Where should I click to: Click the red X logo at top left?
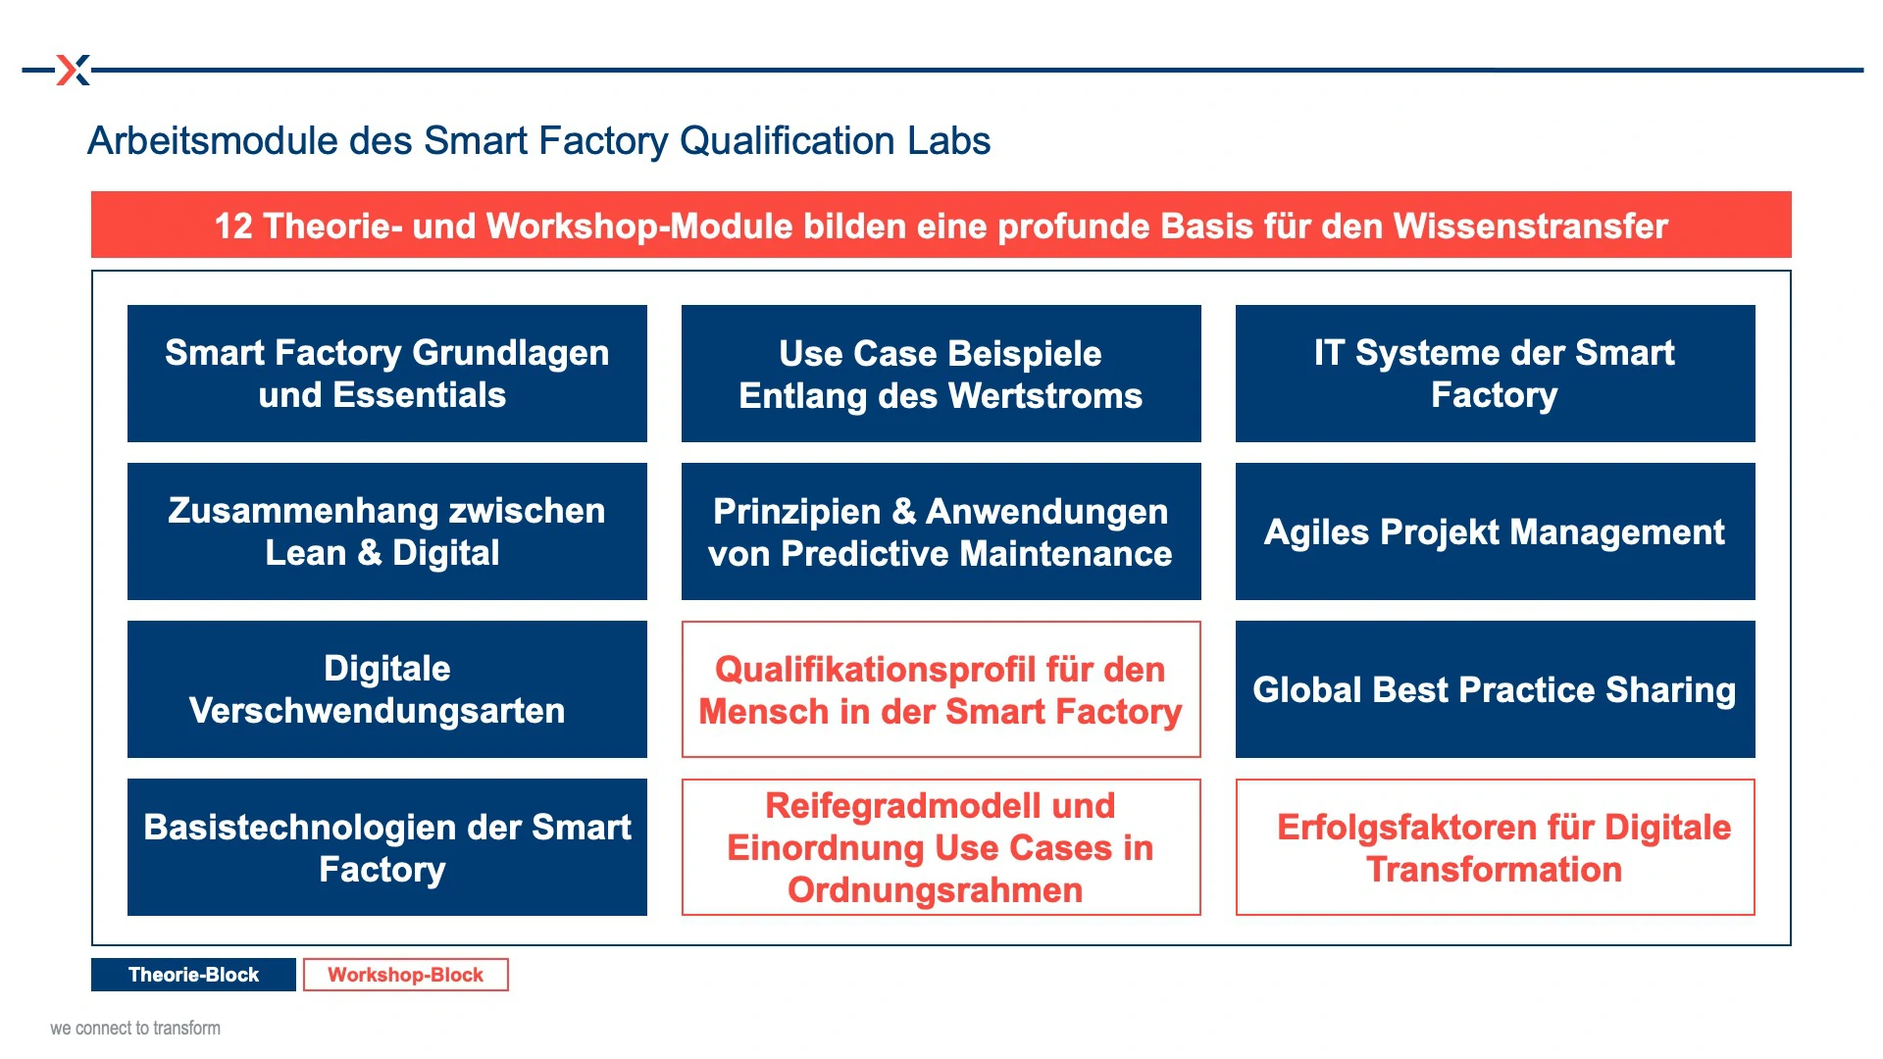pos(74,70)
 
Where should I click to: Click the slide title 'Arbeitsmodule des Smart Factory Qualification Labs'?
pos(538,140)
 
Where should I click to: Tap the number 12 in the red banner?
pos(233,226)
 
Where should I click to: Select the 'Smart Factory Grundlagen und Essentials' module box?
pos(387,374)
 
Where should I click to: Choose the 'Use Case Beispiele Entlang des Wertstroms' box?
pos(941,374)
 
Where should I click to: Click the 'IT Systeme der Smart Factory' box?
pos(1496,374)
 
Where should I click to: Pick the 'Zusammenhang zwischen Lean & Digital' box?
pos(387,531)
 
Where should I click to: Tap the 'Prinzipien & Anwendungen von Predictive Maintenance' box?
pos(941,531)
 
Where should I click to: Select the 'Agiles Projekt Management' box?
pos(1496,531)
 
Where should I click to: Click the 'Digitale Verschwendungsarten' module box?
pos(387,689)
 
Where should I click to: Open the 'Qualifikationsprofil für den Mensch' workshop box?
pos(941,689)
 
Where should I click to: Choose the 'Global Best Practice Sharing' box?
pos(1496,689)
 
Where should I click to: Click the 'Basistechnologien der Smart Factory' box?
pos(387,847)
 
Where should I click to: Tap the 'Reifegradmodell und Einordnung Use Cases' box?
pos(941,847)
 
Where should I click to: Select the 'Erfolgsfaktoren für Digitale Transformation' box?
pos(1496,847)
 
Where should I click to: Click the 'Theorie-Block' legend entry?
pos(193,975)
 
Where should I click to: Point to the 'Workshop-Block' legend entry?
pos(406,975)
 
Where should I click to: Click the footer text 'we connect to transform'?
pos(135,1028)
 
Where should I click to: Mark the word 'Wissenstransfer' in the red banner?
pos(1531,226)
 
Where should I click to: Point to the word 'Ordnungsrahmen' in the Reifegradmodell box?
pos(936,890)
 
